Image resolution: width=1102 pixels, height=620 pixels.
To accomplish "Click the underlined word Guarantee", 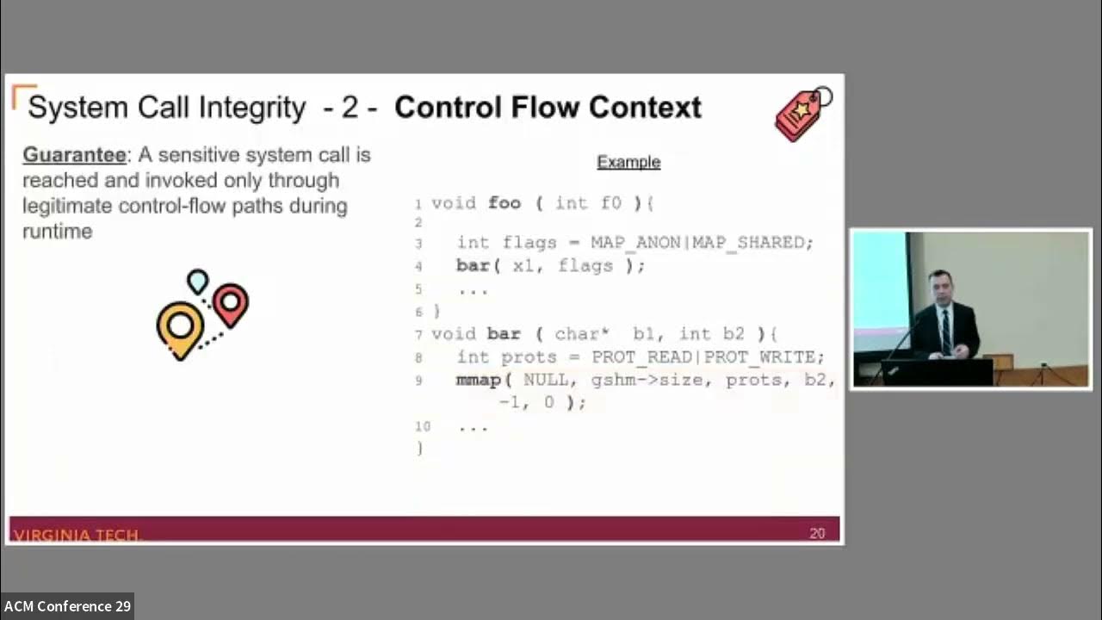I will point(74,155).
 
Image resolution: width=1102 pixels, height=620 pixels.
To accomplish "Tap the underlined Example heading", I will point(628,162).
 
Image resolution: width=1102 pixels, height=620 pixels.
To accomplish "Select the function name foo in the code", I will point(505,203).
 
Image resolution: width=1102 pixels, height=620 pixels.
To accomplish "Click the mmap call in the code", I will point(479,380).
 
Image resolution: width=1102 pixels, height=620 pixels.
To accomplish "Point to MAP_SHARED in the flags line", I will point(752,243).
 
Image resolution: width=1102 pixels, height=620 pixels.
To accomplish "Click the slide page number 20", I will point(817,533).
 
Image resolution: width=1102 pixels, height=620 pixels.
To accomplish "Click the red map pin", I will point(230,304).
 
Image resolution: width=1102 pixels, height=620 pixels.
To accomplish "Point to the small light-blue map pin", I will point(198,281).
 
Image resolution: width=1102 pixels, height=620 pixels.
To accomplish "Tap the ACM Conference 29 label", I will point(67,606).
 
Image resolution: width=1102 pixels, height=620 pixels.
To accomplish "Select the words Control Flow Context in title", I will point(548,108).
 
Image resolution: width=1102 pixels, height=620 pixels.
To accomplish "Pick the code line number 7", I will point(418,334).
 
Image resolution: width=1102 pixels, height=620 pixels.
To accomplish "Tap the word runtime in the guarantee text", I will point(58,232).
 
